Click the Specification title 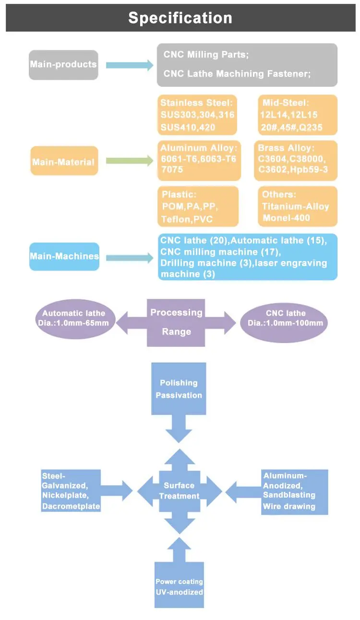[180, 18]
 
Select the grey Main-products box [63, 65]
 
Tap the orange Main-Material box [64, 161]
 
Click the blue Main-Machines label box [64, 256]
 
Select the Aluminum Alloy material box [198, 160]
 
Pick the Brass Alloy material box [296, 160]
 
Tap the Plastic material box [198, 206]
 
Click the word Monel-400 [287, 218]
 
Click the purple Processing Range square [176, 322]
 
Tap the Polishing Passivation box [179, 389]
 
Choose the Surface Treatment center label [179, 490]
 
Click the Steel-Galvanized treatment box [71, 490]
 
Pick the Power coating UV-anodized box [179, 586]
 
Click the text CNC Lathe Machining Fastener [237, 74]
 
